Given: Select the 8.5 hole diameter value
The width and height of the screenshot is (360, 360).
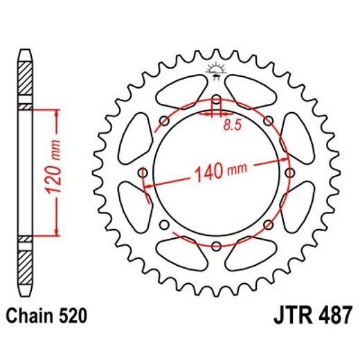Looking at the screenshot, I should click(233, 126).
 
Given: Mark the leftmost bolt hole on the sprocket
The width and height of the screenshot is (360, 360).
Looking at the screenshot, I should click(143, 172).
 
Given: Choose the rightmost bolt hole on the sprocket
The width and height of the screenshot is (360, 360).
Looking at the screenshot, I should click(289, 172).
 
